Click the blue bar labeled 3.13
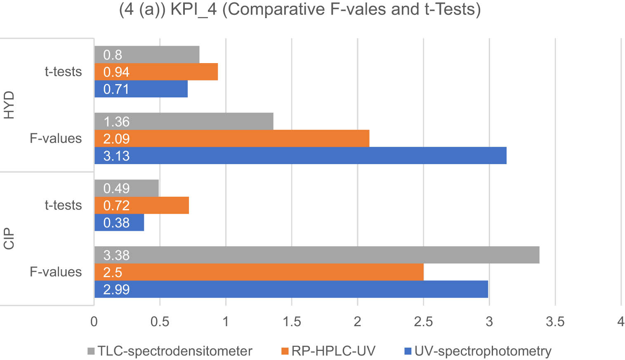300,155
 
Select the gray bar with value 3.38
317,255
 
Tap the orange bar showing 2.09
232,139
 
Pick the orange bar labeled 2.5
259,272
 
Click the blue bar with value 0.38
119,223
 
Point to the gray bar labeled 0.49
127,188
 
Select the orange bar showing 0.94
156,72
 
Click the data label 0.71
116,89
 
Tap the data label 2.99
116,289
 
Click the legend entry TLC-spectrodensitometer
174,351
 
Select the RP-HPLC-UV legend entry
333,351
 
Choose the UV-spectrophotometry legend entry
482,351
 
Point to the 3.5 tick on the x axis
555,322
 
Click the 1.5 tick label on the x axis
292,322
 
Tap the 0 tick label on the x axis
94,322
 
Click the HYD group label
9,105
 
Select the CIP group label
9,238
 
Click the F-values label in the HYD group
56,138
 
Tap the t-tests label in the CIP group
63,205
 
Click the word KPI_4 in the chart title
193,9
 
